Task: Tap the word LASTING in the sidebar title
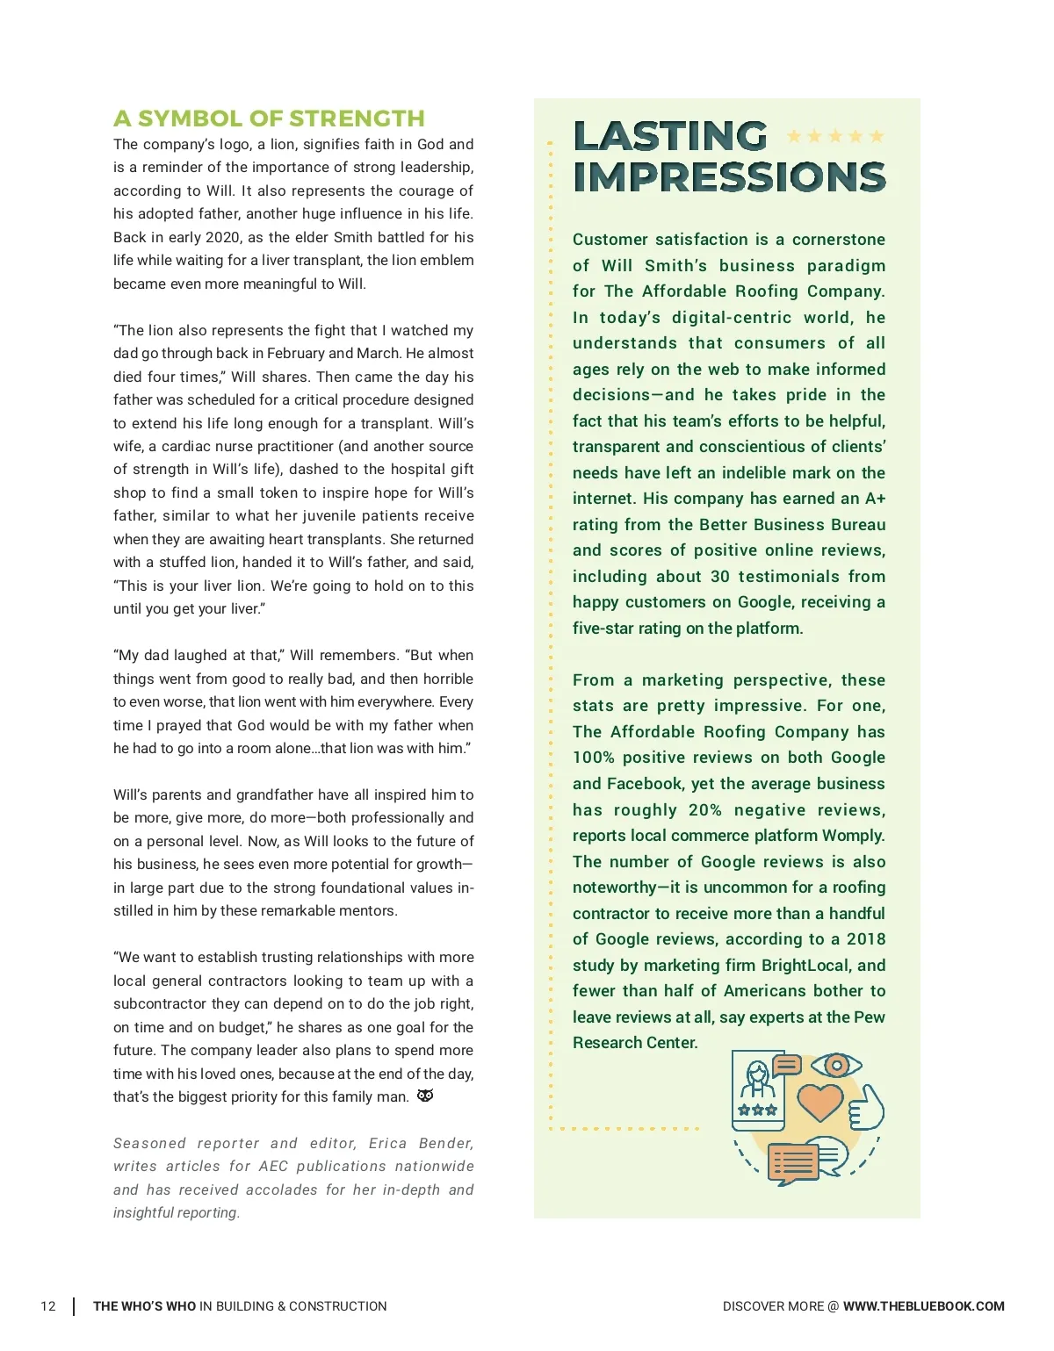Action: click(670, 137)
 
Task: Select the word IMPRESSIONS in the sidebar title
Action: click(729, 177)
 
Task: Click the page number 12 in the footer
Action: click(48, 1306)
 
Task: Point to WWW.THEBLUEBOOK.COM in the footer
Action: click(923, 1306)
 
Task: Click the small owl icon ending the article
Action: click(425, 1096)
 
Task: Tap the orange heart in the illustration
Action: click(820, 1102)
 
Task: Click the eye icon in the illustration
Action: click(836, 1066)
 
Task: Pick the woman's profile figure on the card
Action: click(758, 1079)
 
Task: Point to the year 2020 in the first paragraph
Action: click(222, 237)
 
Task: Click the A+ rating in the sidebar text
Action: click(875, 499)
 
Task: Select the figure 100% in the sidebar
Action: click(593, 758)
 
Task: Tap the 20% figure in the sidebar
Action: click(705, 810)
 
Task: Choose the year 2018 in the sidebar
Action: click(865, 939)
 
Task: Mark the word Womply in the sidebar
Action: click(853, 836)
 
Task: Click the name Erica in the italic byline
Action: click(387, 1143)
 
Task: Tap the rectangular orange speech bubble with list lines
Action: click(792, 1163)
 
